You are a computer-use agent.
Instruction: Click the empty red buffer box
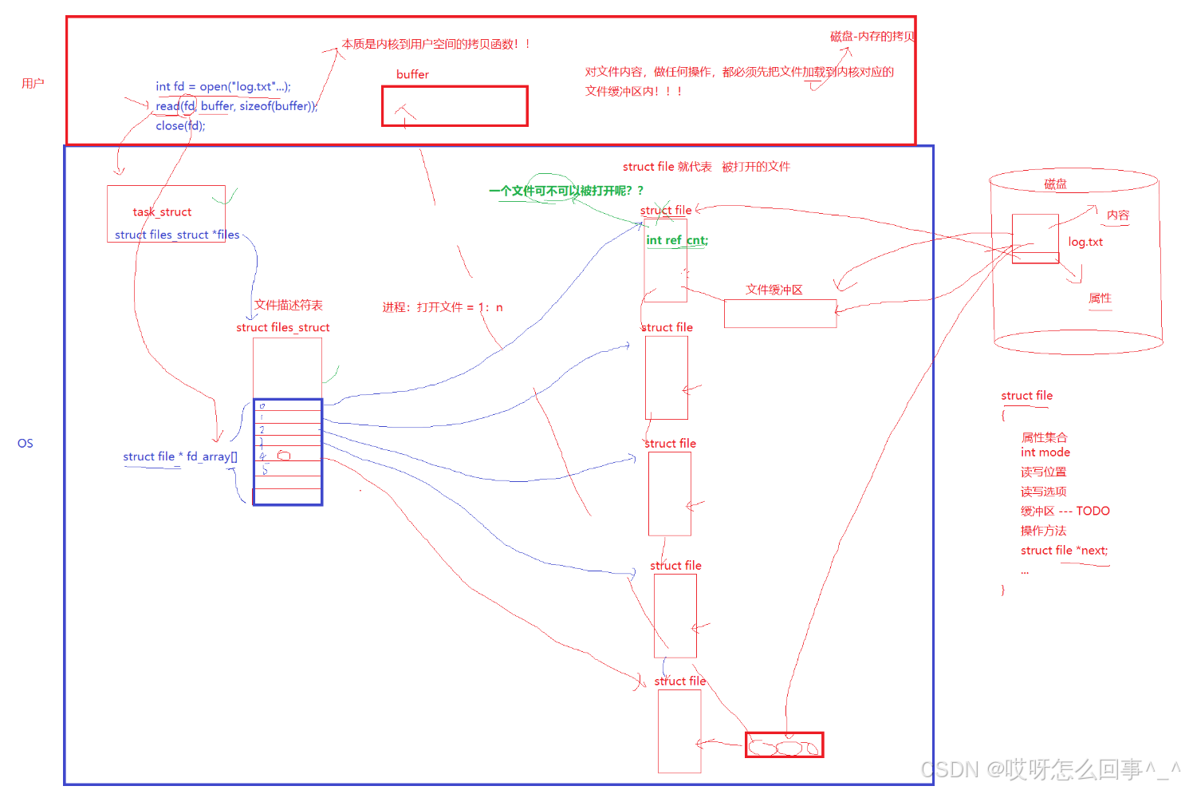455,106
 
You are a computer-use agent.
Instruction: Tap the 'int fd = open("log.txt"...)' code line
222,86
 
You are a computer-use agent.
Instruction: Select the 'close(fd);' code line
180,125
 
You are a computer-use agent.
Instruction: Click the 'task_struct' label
162,211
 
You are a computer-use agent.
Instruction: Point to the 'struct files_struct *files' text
176,235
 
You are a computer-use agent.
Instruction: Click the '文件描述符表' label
289,305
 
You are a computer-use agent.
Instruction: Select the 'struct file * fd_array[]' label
179,456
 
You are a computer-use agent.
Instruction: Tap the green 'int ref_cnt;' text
676,240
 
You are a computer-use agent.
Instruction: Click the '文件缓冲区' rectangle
780,314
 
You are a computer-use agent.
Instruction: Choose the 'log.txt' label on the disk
1085,242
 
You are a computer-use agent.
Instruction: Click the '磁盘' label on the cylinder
1055,184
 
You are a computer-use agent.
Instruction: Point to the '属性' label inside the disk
1100,298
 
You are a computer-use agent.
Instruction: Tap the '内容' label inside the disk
1118,215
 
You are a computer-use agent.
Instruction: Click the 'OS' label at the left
26,444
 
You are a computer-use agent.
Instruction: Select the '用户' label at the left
33,83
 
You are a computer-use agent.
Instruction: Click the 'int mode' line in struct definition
1045,452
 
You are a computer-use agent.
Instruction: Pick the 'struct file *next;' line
1064,551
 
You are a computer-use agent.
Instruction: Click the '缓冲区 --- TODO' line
1065,512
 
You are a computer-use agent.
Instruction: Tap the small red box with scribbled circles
784,745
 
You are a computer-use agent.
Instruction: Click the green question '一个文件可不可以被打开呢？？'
565,191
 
